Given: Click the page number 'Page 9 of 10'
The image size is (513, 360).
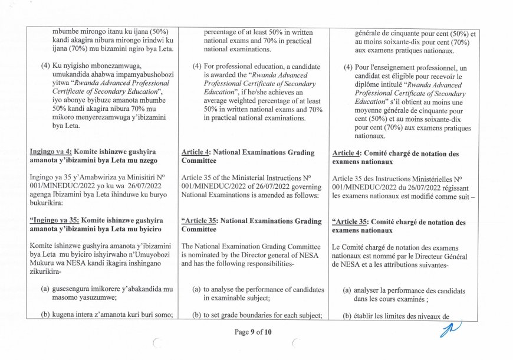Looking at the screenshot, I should click(253, 332).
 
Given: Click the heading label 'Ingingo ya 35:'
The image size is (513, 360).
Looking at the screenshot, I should click(54, 221).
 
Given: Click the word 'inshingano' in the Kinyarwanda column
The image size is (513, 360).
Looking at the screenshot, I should click(145, 265).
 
